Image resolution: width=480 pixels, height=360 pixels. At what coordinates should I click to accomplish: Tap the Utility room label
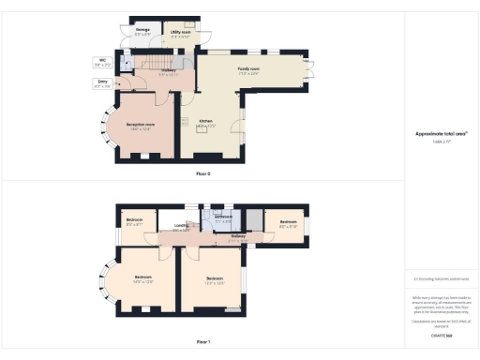coord(180,34)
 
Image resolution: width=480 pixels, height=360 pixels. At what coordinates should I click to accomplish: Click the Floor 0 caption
coord(203,173)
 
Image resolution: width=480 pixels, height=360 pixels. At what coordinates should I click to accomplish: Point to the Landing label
coord(181,226)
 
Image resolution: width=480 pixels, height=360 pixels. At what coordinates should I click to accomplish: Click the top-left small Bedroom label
coord(135,222)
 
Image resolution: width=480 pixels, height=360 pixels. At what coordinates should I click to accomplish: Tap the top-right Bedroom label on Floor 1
coord(288,225)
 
